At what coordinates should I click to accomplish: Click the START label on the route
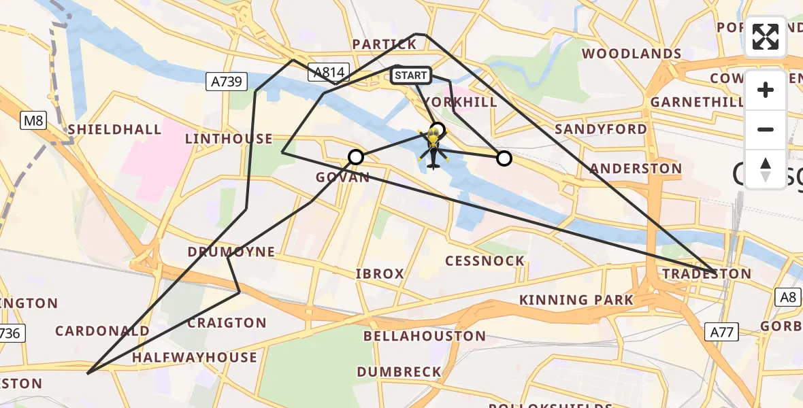pyautogui.click(x=411, y=75)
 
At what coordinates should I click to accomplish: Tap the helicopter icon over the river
pyautogui.click(x=433, y=149)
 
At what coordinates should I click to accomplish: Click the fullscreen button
pyautogui.click(x=766, y=37)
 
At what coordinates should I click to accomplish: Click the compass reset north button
pyautogui.click(x=766, y=169)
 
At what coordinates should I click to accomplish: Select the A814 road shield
pyautogui.click(x=328, y=72)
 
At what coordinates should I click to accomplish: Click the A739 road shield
pyautogui.click(x=225, y=82)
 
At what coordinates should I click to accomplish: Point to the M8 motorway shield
pyautogui.click(x=32, y=121)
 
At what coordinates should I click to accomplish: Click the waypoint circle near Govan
pyautogui.click(x=356, y=158)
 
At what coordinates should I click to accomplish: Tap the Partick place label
pyautogui.click(x=384, y=44)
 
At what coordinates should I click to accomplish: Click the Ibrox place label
pyautogui.click(x=380, y=273)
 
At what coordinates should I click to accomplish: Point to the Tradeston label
pyautogui.click(x=707, y=274)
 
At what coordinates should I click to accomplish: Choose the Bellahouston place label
pyautogui.click(x=425, y=336)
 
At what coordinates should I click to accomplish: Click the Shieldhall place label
pyautogui.click(x=114, y=129)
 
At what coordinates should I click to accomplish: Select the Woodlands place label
pyautogui.click(x=632, y=53)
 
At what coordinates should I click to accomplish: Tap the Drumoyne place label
pyautogui.click(x=231, y=252)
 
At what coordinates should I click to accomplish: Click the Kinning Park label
pyautogui.click(x=576, y=300)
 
